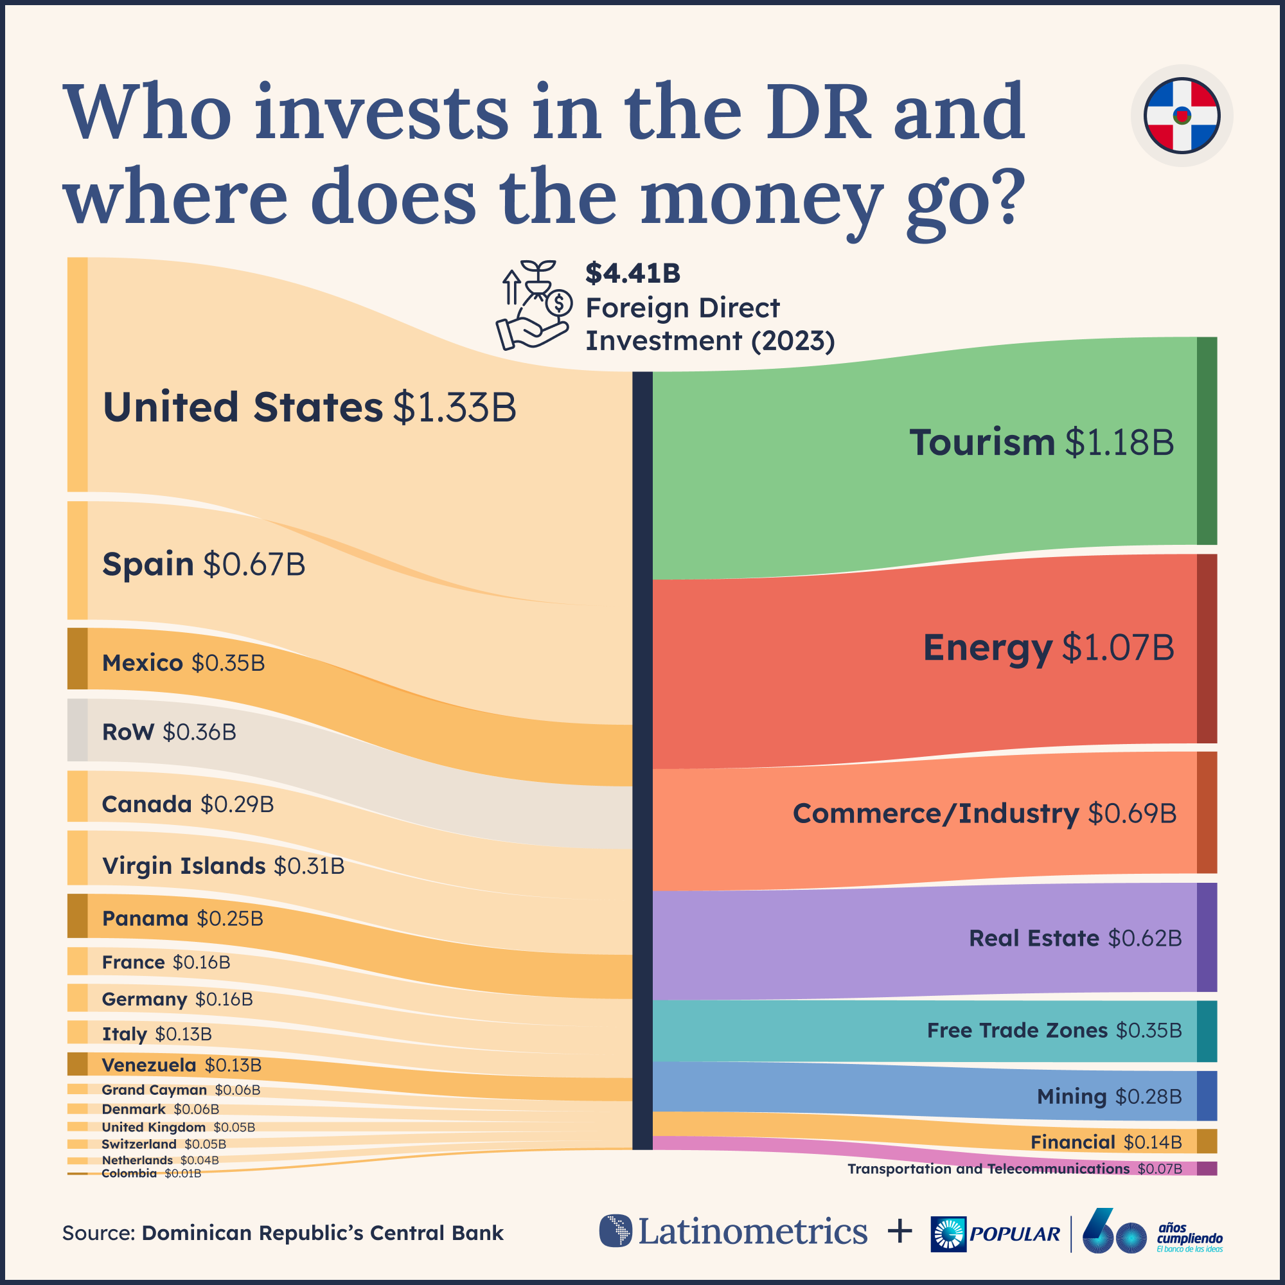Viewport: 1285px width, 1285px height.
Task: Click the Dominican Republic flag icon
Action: coord(1182,116)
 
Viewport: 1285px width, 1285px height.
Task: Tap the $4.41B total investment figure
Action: coord(632,273)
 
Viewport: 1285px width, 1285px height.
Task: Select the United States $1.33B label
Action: coord(309,407)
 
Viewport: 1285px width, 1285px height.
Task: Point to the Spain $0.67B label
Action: coord(204,564)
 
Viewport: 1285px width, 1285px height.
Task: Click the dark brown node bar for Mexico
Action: coord(77,659)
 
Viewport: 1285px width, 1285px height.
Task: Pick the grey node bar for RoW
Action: coord(77,730)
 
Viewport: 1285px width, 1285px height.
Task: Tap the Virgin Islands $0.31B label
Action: coord(223,866)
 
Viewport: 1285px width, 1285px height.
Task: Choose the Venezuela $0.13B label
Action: coord(181,1065)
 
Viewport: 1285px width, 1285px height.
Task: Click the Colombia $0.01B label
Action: coord(151,1173)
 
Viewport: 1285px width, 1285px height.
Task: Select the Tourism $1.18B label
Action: coord(1041,442)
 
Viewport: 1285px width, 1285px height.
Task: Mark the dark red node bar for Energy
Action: coord(1207,648)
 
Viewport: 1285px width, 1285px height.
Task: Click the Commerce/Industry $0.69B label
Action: coord(984,813)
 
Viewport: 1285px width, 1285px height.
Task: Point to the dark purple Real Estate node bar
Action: coord(1207,937)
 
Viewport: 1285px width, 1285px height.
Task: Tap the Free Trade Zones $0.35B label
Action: coord(1054,1031)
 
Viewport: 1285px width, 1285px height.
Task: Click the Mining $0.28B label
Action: coord(1109,1095)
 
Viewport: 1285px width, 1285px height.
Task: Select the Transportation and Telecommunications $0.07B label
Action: coord(1015,1169)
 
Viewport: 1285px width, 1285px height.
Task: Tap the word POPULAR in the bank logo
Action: coord(1015,1234)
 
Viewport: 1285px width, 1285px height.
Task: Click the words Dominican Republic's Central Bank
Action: coord(323,1232)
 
